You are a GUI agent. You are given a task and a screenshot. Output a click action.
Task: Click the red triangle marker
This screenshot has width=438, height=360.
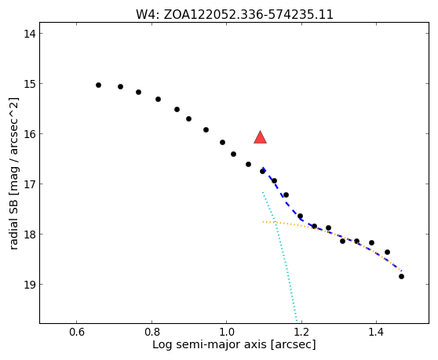(x=260, y=137)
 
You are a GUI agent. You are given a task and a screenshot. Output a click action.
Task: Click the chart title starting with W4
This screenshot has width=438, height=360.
(x=235, y=15)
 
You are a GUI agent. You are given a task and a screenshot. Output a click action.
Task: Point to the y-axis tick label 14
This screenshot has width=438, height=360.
(x=29, y=34)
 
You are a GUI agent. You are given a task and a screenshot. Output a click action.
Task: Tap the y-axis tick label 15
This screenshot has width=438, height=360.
(x=29, y=84)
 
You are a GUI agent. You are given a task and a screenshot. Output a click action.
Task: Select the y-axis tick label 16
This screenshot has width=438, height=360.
(x=29, y=134)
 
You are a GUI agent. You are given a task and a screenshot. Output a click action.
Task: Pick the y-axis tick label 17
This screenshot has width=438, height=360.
(x=29, y=184)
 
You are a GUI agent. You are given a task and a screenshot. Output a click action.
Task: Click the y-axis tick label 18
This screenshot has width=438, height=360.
(x=29, y=235)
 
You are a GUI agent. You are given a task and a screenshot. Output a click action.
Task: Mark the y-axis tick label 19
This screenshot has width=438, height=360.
(x=29, y=285)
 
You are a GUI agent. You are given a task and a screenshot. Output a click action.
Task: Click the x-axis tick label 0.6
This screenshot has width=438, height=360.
(x=77, y=332)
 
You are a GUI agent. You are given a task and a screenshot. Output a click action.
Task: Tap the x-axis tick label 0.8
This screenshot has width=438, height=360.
(x=151, y=332)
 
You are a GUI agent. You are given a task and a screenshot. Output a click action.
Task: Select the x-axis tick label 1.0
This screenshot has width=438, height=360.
(x=227, y=332)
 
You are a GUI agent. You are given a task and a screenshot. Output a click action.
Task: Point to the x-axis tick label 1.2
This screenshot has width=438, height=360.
(x=301, y=332)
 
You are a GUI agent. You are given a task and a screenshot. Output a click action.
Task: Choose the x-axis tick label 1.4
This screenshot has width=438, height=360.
(x=377, y=332)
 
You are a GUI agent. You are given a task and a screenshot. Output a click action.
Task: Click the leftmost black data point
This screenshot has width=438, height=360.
(x=98, y=85)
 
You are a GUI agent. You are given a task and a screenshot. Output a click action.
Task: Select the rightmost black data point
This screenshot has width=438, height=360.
(x=401, y=277)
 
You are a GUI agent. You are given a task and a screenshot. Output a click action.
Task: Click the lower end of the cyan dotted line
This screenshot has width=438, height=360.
(x=297, y=320)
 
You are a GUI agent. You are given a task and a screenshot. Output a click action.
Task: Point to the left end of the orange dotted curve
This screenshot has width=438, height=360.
(x=263, y=222)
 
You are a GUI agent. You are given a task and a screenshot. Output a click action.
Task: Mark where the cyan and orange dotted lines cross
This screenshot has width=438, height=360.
(x=276, y=223)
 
